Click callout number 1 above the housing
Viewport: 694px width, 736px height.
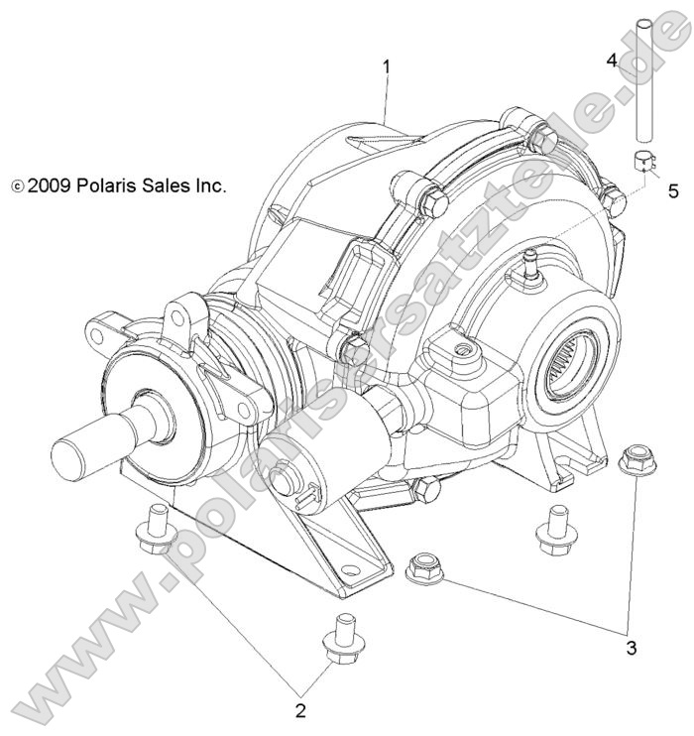coord(387,66)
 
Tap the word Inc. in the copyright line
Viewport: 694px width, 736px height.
coord(207,184)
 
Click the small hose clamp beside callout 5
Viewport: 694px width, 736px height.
coord(641,161)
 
